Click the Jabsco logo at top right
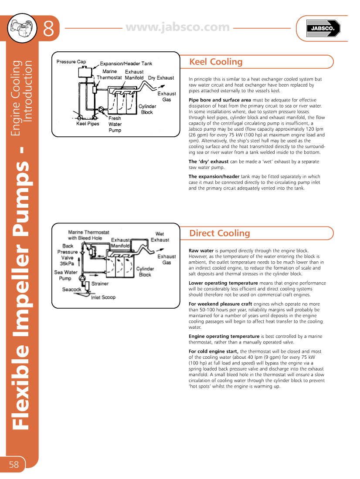(x=322, y=29)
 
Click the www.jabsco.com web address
(x=177, y=27)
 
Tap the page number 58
(x=14, y=465)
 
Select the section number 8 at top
(x=48, y=29)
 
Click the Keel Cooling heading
(x=216, y=62)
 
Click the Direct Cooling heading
(x=219, y=233)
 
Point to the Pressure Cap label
(x=71, y=62)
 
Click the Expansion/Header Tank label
(x=126, y=64)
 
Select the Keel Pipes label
(x=88, y=124)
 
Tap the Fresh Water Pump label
(x=115, y=124)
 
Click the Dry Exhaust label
(x=161, y=78)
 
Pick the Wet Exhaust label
(x=160, y=237)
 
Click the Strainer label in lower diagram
(x=100, y=283)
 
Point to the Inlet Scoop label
(x=103, y=297)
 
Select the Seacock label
(x=71, y=290)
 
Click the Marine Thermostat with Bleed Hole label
(x=88, y=235)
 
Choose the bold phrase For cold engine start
(x=213, y=351)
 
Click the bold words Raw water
(x=201, y=251)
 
